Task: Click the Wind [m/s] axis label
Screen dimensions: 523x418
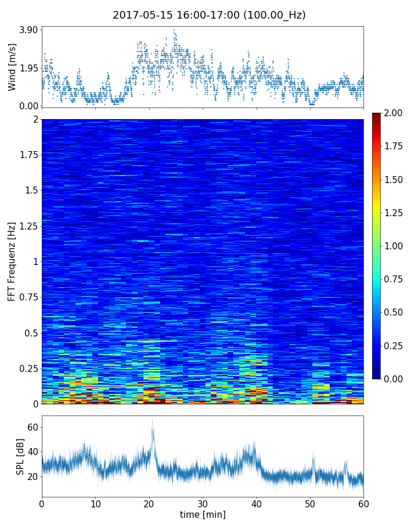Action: click(x=12, y=67)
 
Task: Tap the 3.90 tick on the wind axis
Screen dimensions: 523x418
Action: click(x=28, y=30)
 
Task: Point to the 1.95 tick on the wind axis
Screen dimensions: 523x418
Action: click(x=28, y=68)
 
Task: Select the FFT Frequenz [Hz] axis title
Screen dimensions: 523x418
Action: click(x=12, y=261)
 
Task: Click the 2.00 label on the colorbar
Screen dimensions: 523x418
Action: click(x=394, y=113)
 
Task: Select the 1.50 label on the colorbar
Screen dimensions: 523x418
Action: click(x=394, y=180)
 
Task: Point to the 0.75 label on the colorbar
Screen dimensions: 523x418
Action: click(x=394, y=279)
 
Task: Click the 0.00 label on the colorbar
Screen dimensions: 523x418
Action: click(x=394, y=379)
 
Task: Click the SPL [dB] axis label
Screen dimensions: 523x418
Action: click(x=20, y=456)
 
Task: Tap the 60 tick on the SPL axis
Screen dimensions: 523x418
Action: click(x=33, y=428)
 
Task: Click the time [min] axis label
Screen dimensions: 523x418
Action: click(x=203, y=514)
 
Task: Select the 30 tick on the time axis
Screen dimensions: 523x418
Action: click(x=203, y=503)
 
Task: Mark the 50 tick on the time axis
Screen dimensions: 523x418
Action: click(x=310, y=503)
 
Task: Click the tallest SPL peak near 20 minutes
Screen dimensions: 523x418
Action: click(x=153, y=420)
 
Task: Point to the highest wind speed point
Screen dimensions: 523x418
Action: click(x=173, y=30)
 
